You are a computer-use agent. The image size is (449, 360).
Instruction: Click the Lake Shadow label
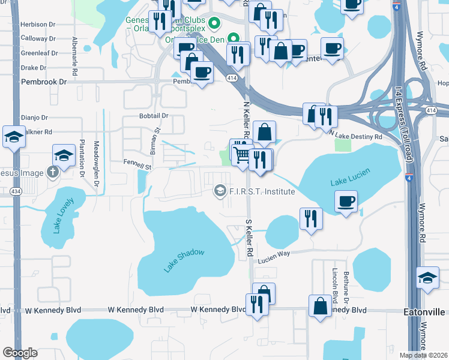(x=184, y=262)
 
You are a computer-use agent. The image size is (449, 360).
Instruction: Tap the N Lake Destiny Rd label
(x=356, y=137)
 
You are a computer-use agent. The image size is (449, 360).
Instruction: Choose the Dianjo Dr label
(x=34, y=118)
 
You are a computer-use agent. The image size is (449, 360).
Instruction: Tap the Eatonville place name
(x=424, y=312)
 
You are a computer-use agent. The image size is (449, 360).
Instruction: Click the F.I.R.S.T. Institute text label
(x=262, y=191)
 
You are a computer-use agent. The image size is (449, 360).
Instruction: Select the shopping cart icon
(x=242, y=155)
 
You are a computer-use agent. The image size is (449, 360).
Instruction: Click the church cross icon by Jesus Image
(x=53, y=173)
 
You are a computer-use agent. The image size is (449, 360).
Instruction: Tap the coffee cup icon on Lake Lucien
(x=346, y=202)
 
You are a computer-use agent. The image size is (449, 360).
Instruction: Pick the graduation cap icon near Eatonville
(x=427, y=278)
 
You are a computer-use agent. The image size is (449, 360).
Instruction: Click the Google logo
(x=20, y=353)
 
